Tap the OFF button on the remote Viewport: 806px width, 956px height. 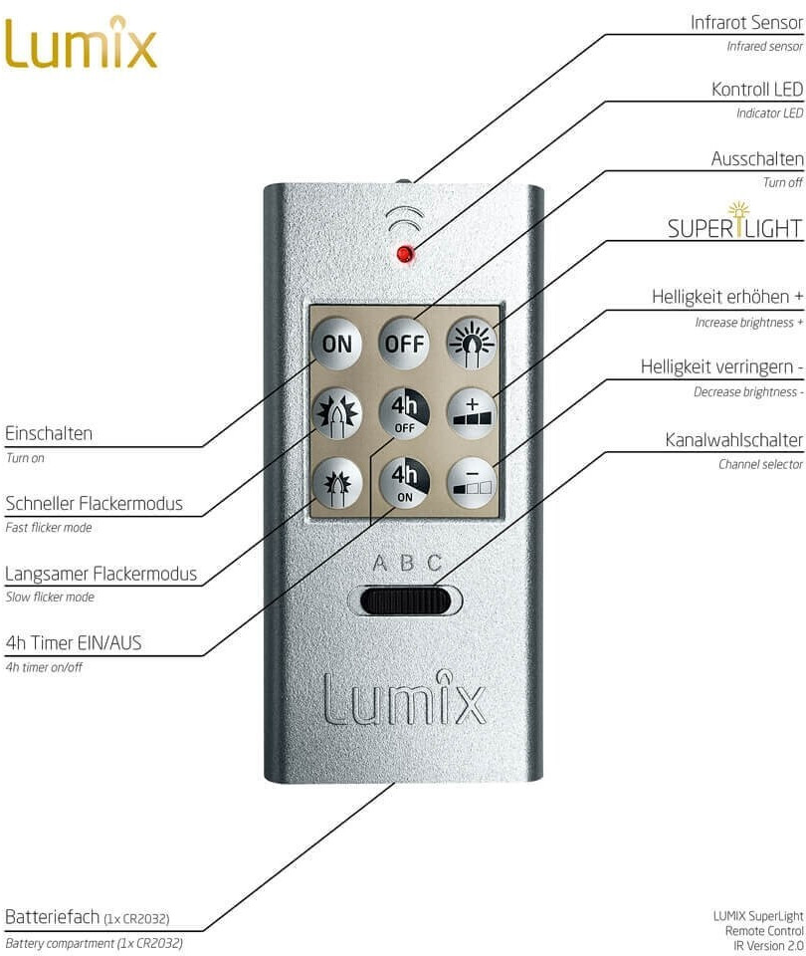[x=404, y=344]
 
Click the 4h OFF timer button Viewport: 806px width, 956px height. [x=404, y=412]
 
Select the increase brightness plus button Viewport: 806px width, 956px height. [x=472, y=412]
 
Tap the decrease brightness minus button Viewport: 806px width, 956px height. [x=472, y=482]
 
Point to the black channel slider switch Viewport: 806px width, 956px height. [x=405, y=601]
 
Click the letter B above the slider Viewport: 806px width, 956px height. [x=407, y=562]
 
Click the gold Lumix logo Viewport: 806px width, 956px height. [x=80, y=42]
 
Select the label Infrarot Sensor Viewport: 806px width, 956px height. [x=746, y=23]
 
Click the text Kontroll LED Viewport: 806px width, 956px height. [x=757, y=90]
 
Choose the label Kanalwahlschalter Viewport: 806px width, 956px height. [x=733, y=439]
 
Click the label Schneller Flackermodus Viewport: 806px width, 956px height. [x=94, y=504]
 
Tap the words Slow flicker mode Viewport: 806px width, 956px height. [x=50, y=597]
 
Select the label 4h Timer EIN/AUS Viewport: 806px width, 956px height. [x=73, y=642]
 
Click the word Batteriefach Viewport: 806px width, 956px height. [x=52, y=916]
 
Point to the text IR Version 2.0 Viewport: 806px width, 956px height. [x=768, y=946]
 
